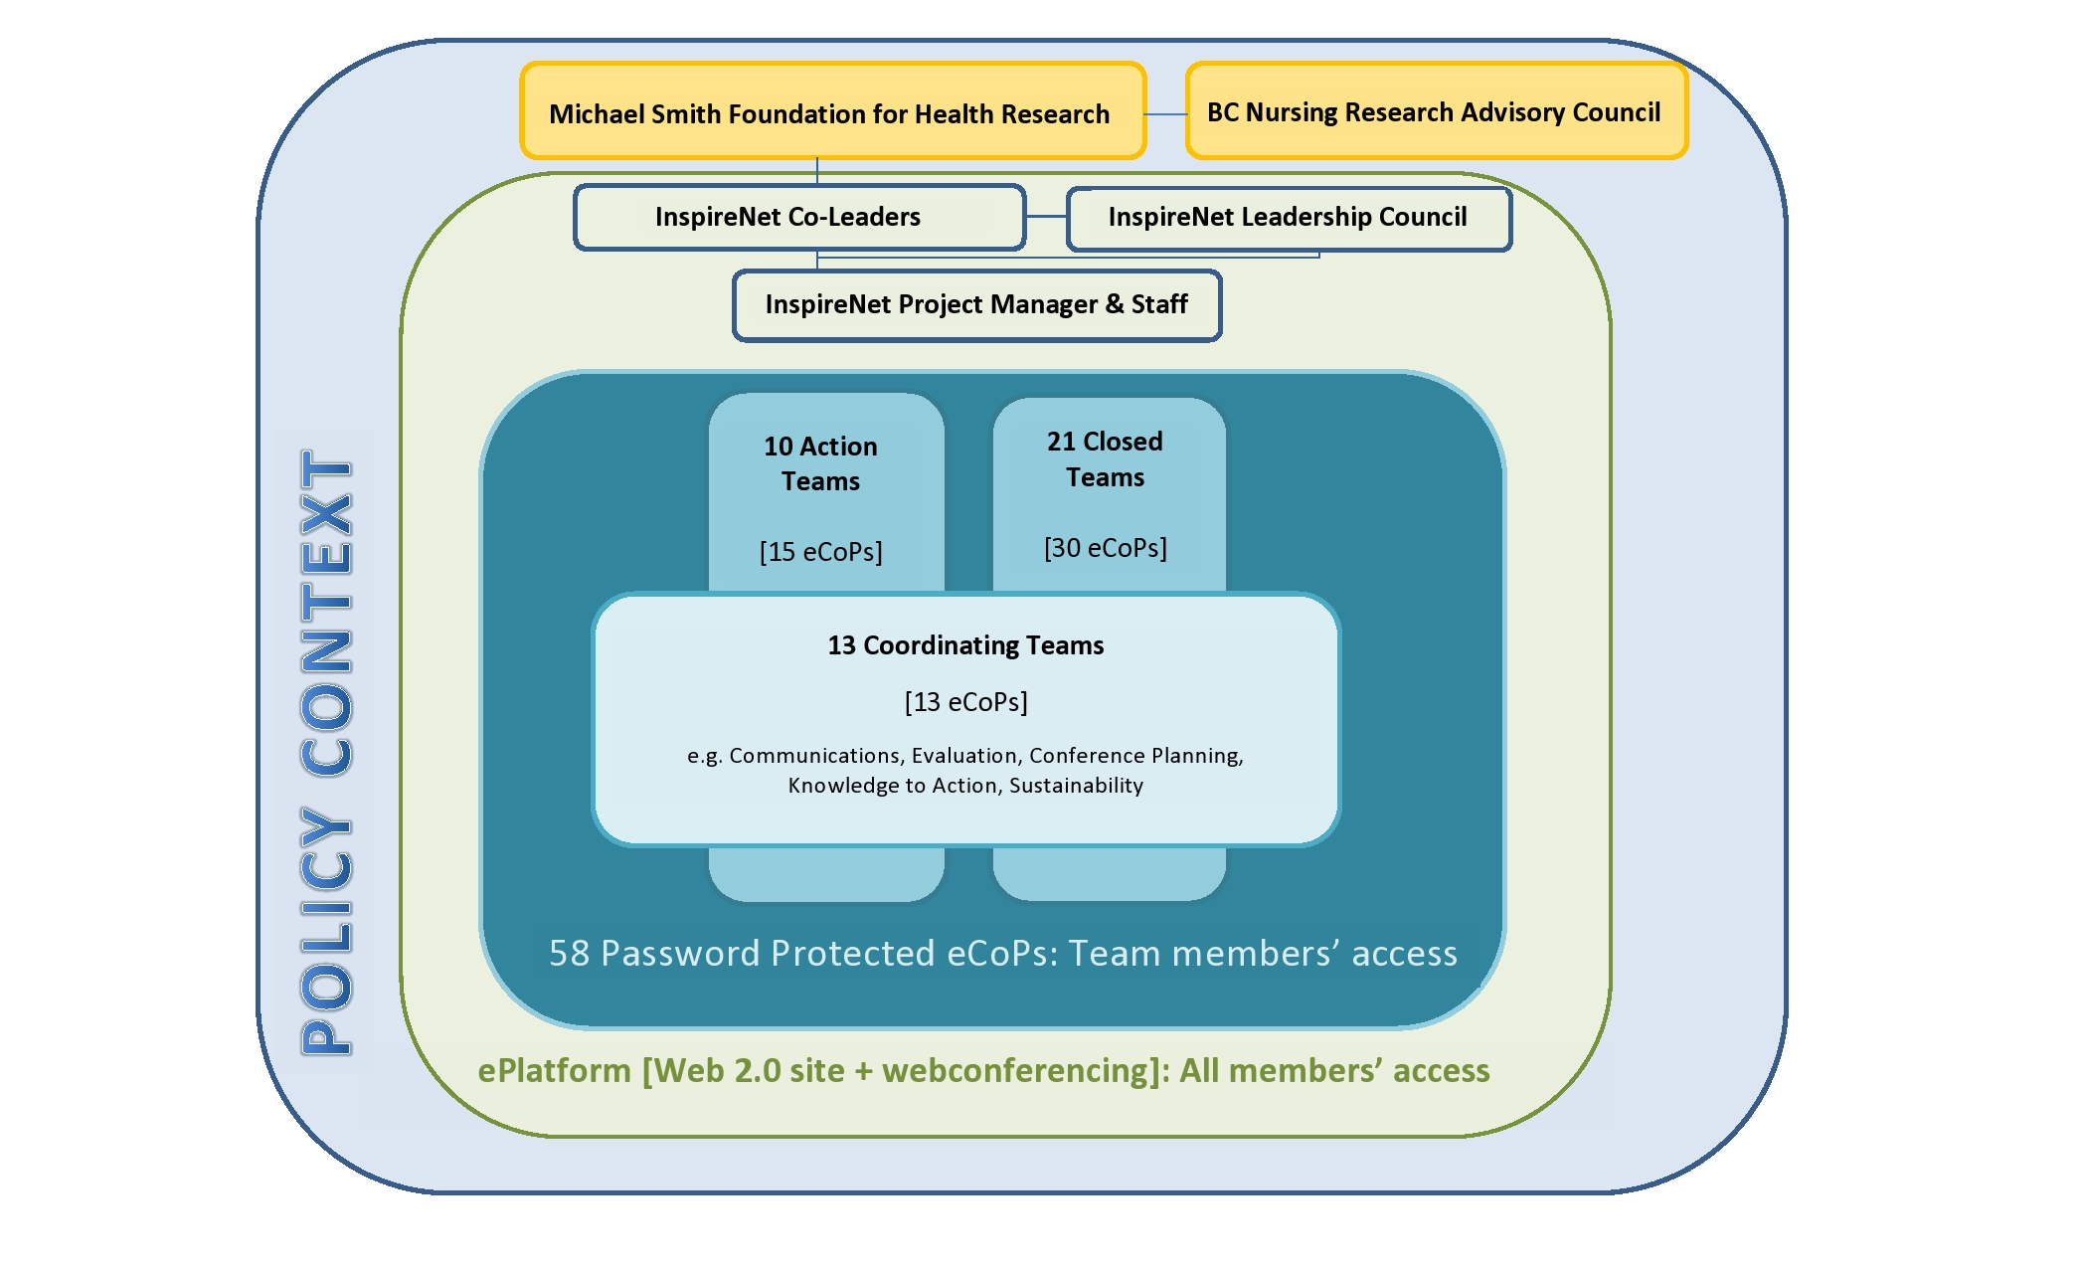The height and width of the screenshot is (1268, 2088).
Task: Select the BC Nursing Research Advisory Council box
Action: pos(1436,111)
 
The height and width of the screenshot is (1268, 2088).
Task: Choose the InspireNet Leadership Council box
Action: pos(1289,217)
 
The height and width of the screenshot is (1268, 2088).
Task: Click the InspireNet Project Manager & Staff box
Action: pos(976,304)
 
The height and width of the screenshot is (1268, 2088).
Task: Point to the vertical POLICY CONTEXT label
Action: pos(326,752)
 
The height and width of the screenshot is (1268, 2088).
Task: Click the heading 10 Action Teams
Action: pos(820,463)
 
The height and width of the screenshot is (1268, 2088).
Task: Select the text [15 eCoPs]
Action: pos(820,552)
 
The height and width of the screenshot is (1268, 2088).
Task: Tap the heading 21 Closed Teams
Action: pos(1105,459)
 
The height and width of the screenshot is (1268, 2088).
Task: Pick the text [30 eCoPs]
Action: pos(1105,548)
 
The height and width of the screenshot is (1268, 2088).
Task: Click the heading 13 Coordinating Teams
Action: pos(965,645)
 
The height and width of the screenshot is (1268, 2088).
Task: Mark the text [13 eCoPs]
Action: pos(965,702)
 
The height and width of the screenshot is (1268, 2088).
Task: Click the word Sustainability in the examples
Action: pos(1076,786)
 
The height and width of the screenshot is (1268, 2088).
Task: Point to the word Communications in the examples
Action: pos(814,756)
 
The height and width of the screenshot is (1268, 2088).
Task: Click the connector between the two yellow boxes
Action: pos(1165,114)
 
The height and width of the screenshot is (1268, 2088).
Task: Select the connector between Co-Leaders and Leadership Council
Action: pos(1046,216)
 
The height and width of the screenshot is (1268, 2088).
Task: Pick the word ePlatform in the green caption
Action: pos(554,1071)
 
